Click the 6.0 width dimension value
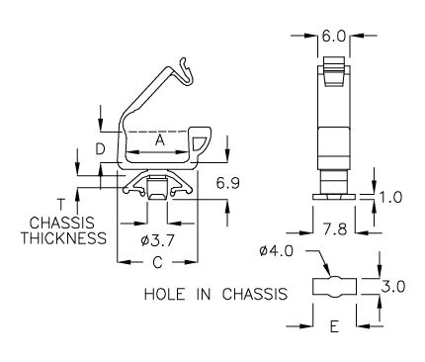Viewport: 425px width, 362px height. click(333, 37)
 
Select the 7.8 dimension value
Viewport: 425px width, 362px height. click(335, 229)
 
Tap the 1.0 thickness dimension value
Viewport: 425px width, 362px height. click(391, 198)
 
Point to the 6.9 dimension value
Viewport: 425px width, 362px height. click(227, 183)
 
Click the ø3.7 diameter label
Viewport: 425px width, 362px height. click(157, 241)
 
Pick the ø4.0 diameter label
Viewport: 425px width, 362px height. click(276, 251)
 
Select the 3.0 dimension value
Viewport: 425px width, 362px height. click(393, 287)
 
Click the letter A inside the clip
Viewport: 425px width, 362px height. click(160, 140)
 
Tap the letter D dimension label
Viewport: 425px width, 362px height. click(100, 149)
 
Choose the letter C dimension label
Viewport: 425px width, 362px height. click(158, 262)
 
